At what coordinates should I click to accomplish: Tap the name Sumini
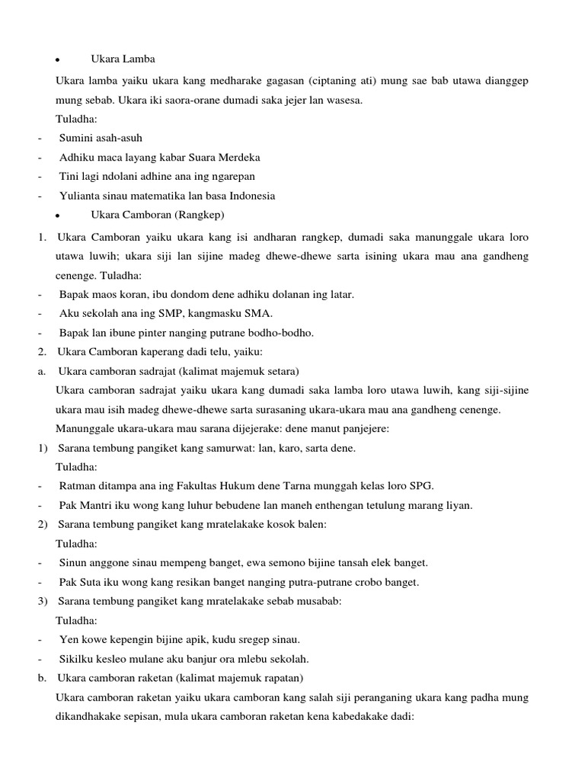[76, 138]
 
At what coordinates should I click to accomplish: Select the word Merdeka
[239, 157]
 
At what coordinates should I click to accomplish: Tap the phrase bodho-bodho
[285, 332]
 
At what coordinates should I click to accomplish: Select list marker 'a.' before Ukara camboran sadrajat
[42, 371]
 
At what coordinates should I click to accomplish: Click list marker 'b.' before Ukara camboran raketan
[42, 678]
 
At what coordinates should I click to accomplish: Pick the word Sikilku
[77, 659]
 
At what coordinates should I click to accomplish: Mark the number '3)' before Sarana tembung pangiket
[43, 601]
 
